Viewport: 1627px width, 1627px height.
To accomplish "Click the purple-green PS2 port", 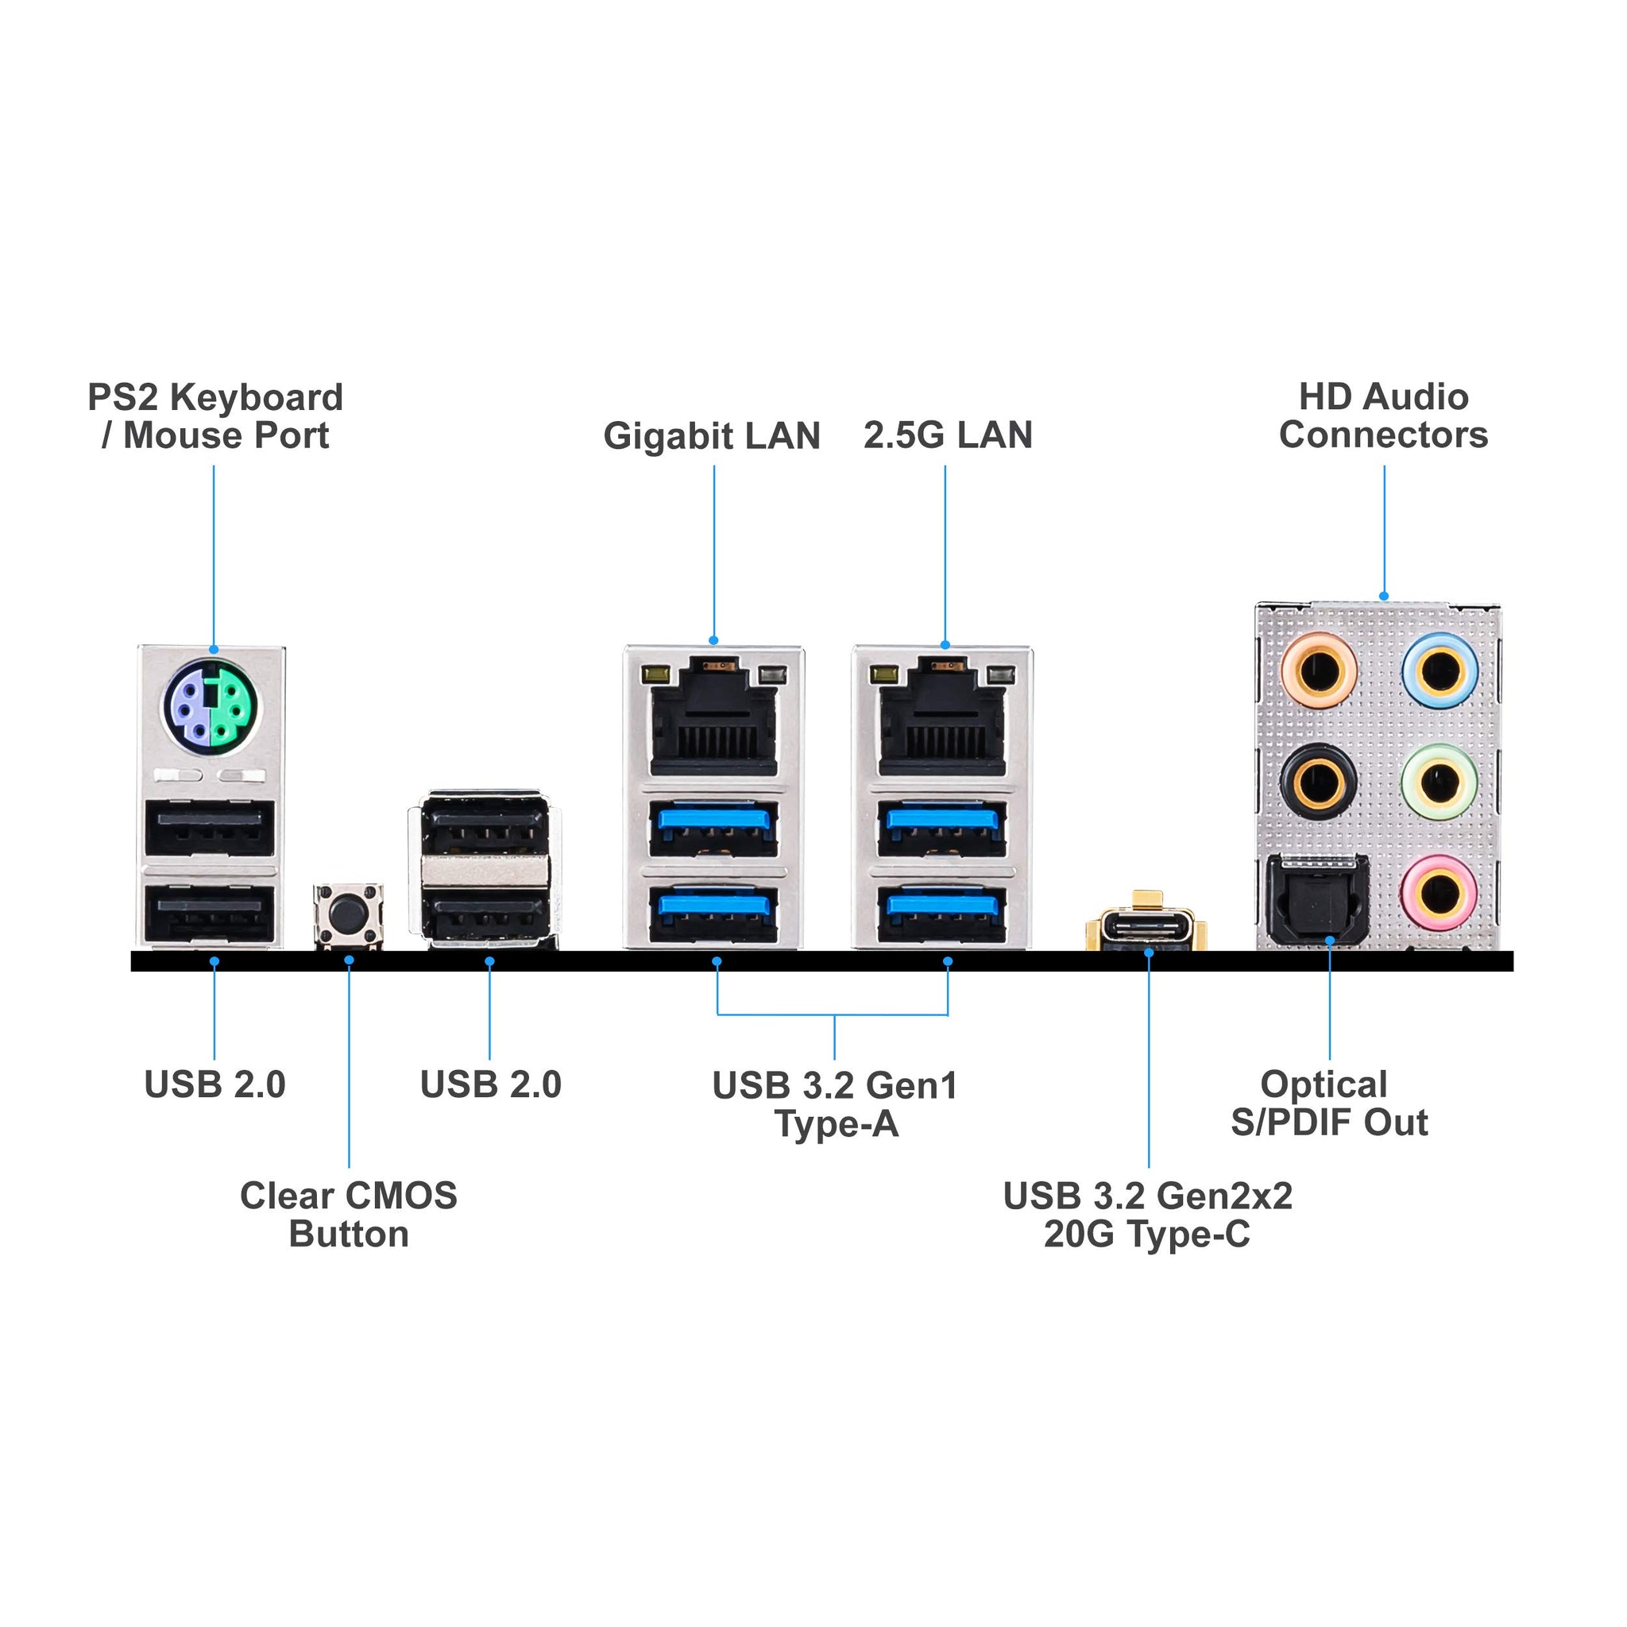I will pos(211,705).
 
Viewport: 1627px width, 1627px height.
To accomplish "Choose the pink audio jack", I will pos(1440,893).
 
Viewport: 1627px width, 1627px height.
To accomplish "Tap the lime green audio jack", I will pos(1440,783).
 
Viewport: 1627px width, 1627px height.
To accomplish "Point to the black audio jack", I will pos(1318,783).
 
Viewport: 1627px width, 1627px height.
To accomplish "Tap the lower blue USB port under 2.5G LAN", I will pos(942,914).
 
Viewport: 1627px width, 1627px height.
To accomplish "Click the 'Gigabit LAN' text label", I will pos(712,436).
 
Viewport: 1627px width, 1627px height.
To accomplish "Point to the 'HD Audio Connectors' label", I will pos(1383,416).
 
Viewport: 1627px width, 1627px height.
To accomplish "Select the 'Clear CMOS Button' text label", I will pos(349,1215).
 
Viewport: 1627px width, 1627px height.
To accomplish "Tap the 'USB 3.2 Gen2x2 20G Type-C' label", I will pos(1147,1215).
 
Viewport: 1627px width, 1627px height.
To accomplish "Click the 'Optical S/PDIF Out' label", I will pos(1328,1104).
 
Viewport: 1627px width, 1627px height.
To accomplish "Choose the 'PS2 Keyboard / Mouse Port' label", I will pos(215,417).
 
